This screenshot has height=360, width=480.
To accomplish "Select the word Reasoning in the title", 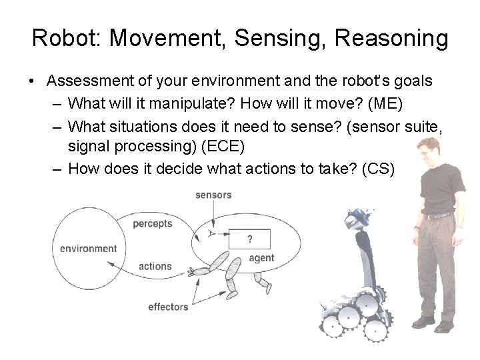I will tap(391, 39).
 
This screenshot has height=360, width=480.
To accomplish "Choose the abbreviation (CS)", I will tap(379, 169).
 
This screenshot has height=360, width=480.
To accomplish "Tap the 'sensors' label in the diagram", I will tap(213, 195).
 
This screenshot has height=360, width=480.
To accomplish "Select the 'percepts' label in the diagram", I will tap(152, 224).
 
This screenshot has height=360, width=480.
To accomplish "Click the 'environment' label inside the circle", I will tap(88, 249).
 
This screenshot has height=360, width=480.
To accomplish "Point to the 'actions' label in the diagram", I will tap(155, 267).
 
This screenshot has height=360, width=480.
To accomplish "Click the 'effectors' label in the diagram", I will tap(168, 307).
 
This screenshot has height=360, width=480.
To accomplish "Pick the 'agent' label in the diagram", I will tap(261, 259).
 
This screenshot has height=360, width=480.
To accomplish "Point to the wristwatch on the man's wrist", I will tap(416, 227).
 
